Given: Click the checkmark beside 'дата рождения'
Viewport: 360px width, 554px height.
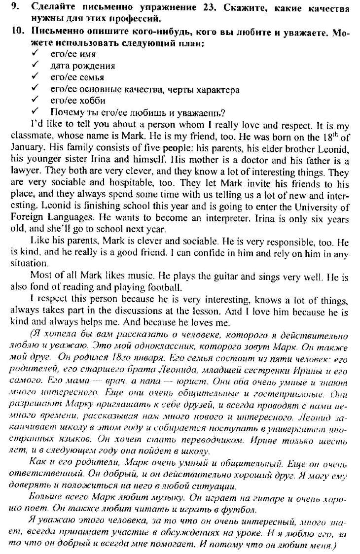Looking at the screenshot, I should (x=35, y=65).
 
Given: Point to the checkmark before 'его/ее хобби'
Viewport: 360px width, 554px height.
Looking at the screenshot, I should (x=35, y=101).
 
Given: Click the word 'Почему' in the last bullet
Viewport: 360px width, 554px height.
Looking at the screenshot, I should (x=67, y=112).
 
